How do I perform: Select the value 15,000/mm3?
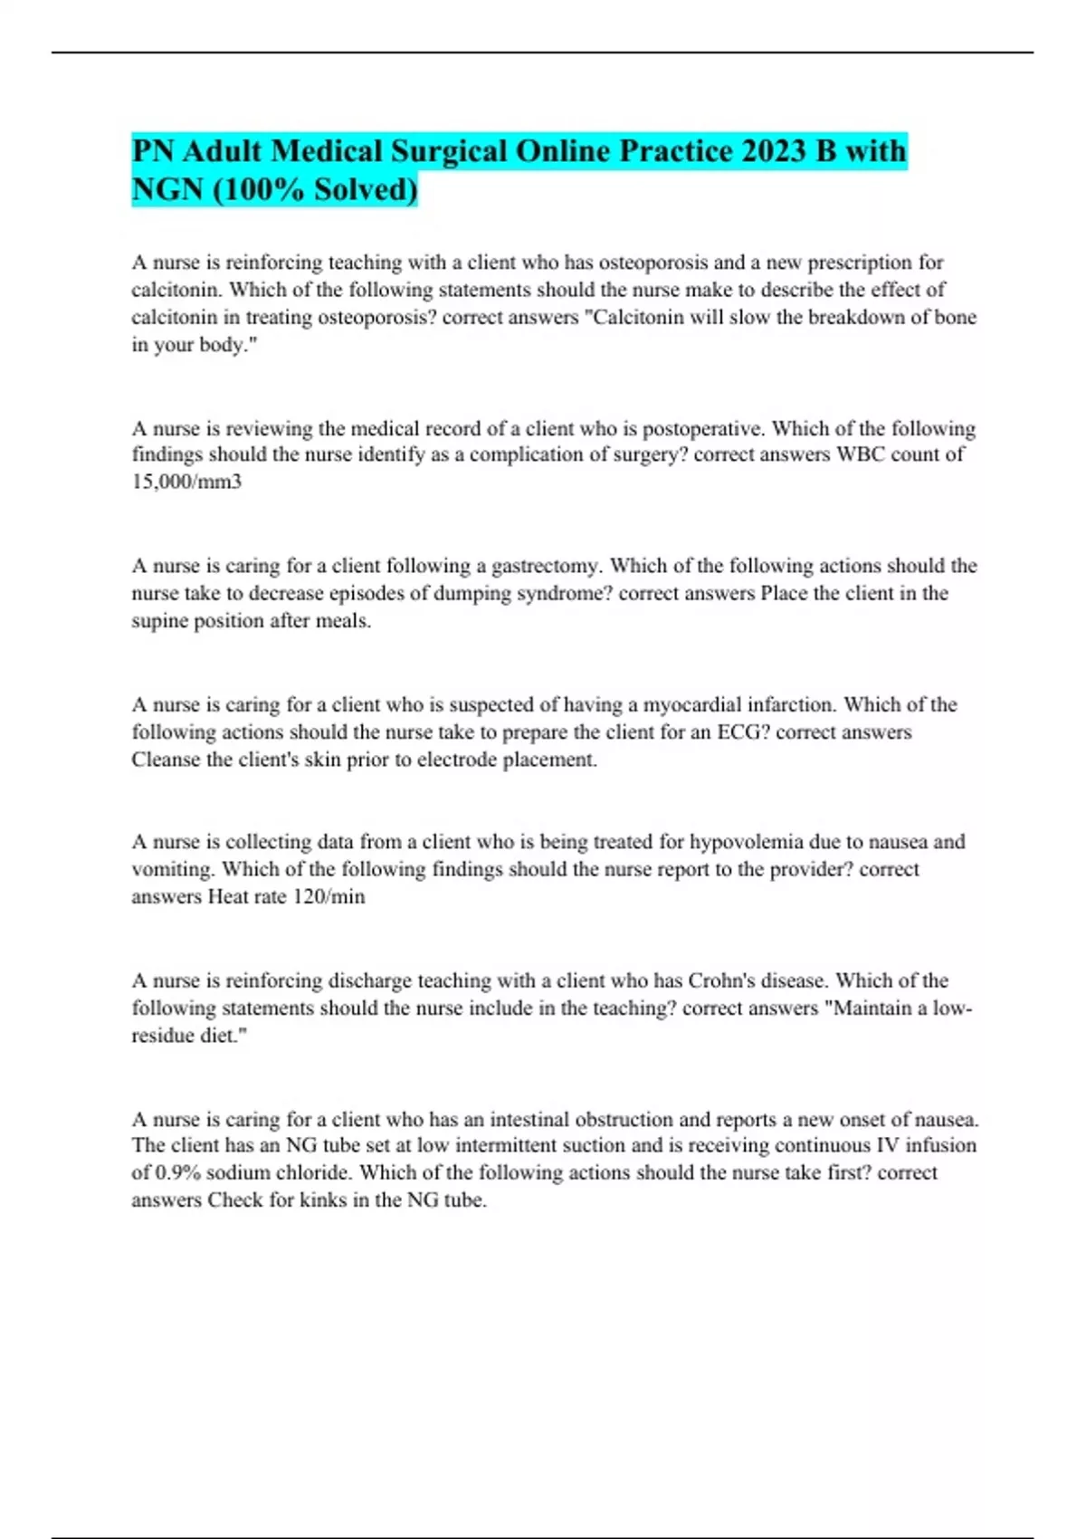186,482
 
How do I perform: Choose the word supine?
159,621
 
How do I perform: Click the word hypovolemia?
746,842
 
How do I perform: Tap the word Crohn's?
723,980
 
